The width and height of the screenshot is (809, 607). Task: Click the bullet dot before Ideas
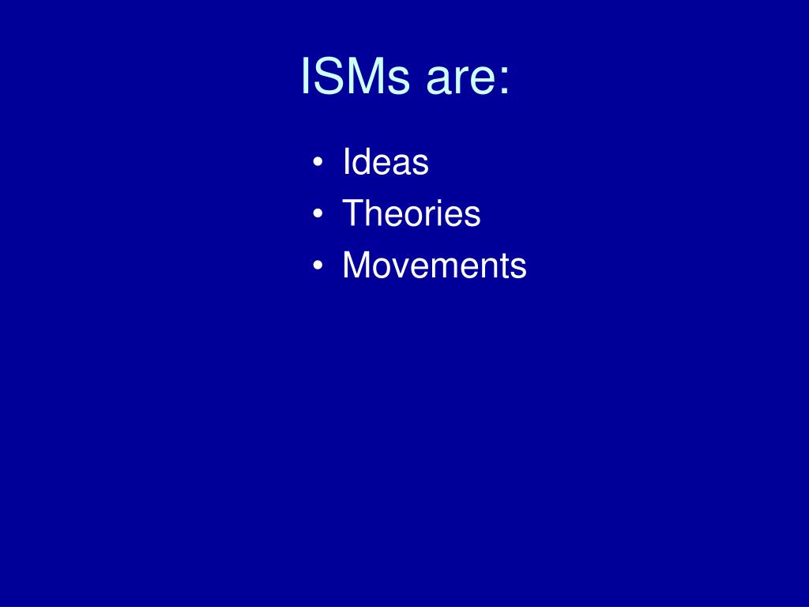tap(318, 164)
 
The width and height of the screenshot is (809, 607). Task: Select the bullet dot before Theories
tap(318, 214)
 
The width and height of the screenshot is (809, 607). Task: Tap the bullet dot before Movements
tap(318, 266)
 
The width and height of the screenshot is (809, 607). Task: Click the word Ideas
tap(386, 163)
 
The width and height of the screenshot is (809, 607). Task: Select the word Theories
tap(411, 213)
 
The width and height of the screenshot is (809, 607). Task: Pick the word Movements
tap(434, 266)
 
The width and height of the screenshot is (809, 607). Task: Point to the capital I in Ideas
tap(346, 163)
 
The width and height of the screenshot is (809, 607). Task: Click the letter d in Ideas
tap(362, 163)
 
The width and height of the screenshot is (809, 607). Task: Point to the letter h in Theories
tap(372, 213)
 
